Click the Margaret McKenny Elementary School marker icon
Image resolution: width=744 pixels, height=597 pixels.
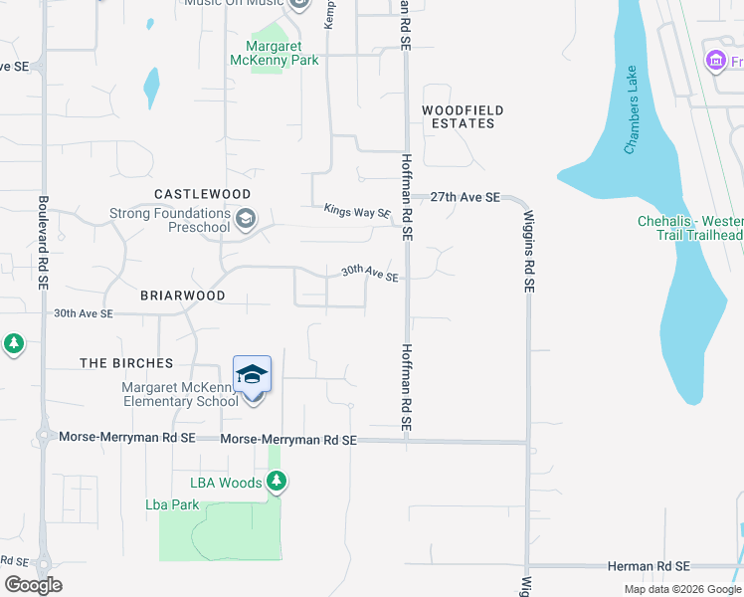tap(252, 375)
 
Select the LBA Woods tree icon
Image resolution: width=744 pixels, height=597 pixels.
tap(277, 483)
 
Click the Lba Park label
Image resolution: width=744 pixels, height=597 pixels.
tap(172, 504)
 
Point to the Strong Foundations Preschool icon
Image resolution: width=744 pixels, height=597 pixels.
tap(245, 218)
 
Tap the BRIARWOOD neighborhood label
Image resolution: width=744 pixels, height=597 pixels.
tap(182, 296)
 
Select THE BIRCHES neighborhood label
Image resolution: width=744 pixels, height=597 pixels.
tap(126, 363)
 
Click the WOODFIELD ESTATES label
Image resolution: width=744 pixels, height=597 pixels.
tap(463, 116)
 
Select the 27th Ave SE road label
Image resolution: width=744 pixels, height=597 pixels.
tap(465, 198)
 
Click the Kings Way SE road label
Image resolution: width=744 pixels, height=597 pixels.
tap(357, 211)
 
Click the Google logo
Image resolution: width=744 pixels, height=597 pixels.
tap(33, 585)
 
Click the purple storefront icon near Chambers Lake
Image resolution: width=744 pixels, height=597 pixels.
tap(714, 62)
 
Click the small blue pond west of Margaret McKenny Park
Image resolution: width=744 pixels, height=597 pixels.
tap(151, 87)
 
